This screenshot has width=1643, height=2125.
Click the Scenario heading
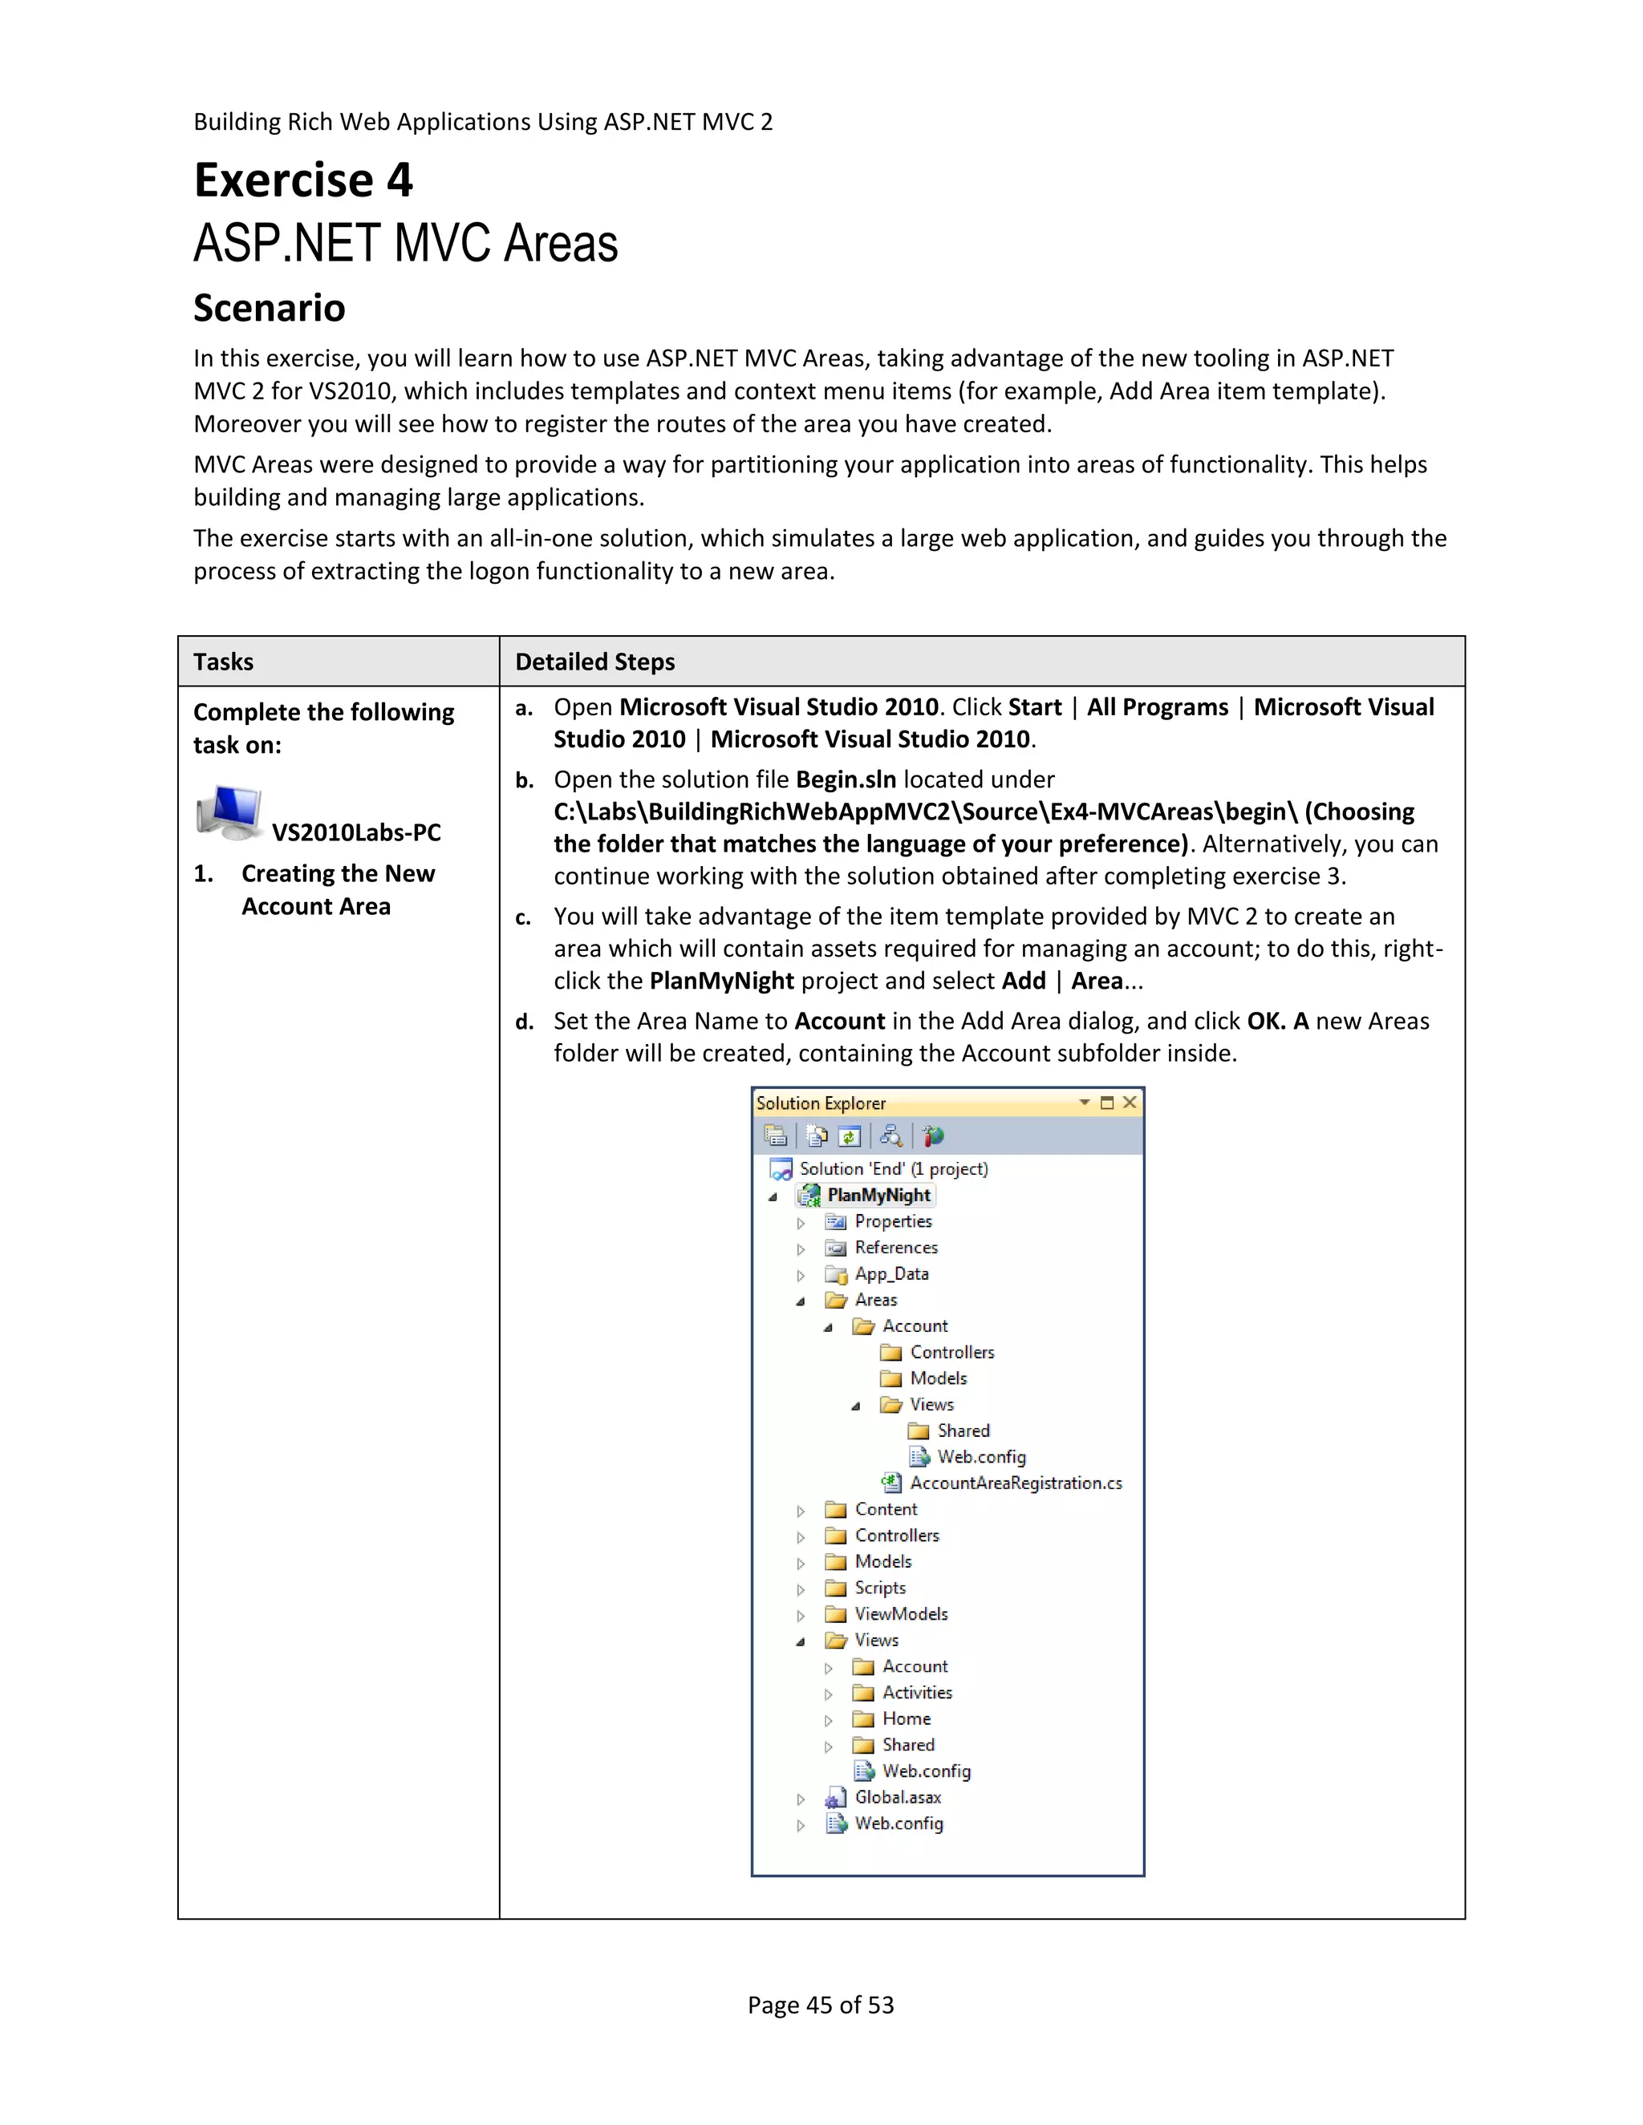point(270,309)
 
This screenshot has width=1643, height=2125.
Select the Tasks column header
point(223,662)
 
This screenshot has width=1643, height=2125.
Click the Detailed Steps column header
point(594,662)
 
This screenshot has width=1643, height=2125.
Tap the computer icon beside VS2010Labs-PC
point(229,812)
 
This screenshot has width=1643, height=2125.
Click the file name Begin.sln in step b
point(845,779)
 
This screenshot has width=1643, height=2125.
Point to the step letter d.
point(525,1022)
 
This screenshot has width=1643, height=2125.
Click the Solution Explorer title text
point(821,1103)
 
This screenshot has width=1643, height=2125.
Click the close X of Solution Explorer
point(1129,1103)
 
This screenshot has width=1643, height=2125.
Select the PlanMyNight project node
point(878,1195)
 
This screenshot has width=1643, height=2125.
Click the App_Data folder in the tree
point(890,1273)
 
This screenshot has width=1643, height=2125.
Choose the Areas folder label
point(875,1300)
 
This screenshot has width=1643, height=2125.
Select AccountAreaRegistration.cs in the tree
point(1015,1483)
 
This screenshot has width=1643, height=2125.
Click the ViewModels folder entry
point(900,1614)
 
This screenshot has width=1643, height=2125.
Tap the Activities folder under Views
point(916,1693)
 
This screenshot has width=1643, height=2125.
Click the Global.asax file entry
point(896,1797)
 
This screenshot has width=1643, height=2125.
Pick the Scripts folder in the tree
point(879,1588)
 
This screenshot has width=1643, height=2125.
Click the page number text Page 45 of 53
point(821,2006)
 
